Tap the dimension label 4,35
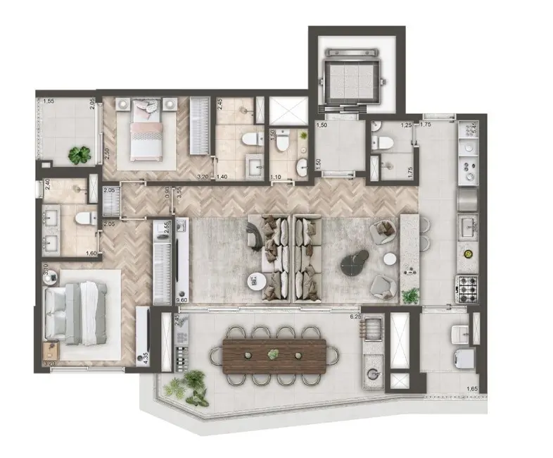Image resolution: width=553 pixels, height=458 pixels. [x=145, y=358]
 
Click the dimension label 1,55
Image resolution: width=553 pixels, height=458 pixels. [x=49, y=101]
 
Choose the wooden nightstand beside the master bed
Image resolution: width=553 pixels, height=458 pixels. [x=51, y=350]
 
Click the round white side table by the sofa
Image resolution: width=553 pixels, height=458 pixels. [x=256, y=281]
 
